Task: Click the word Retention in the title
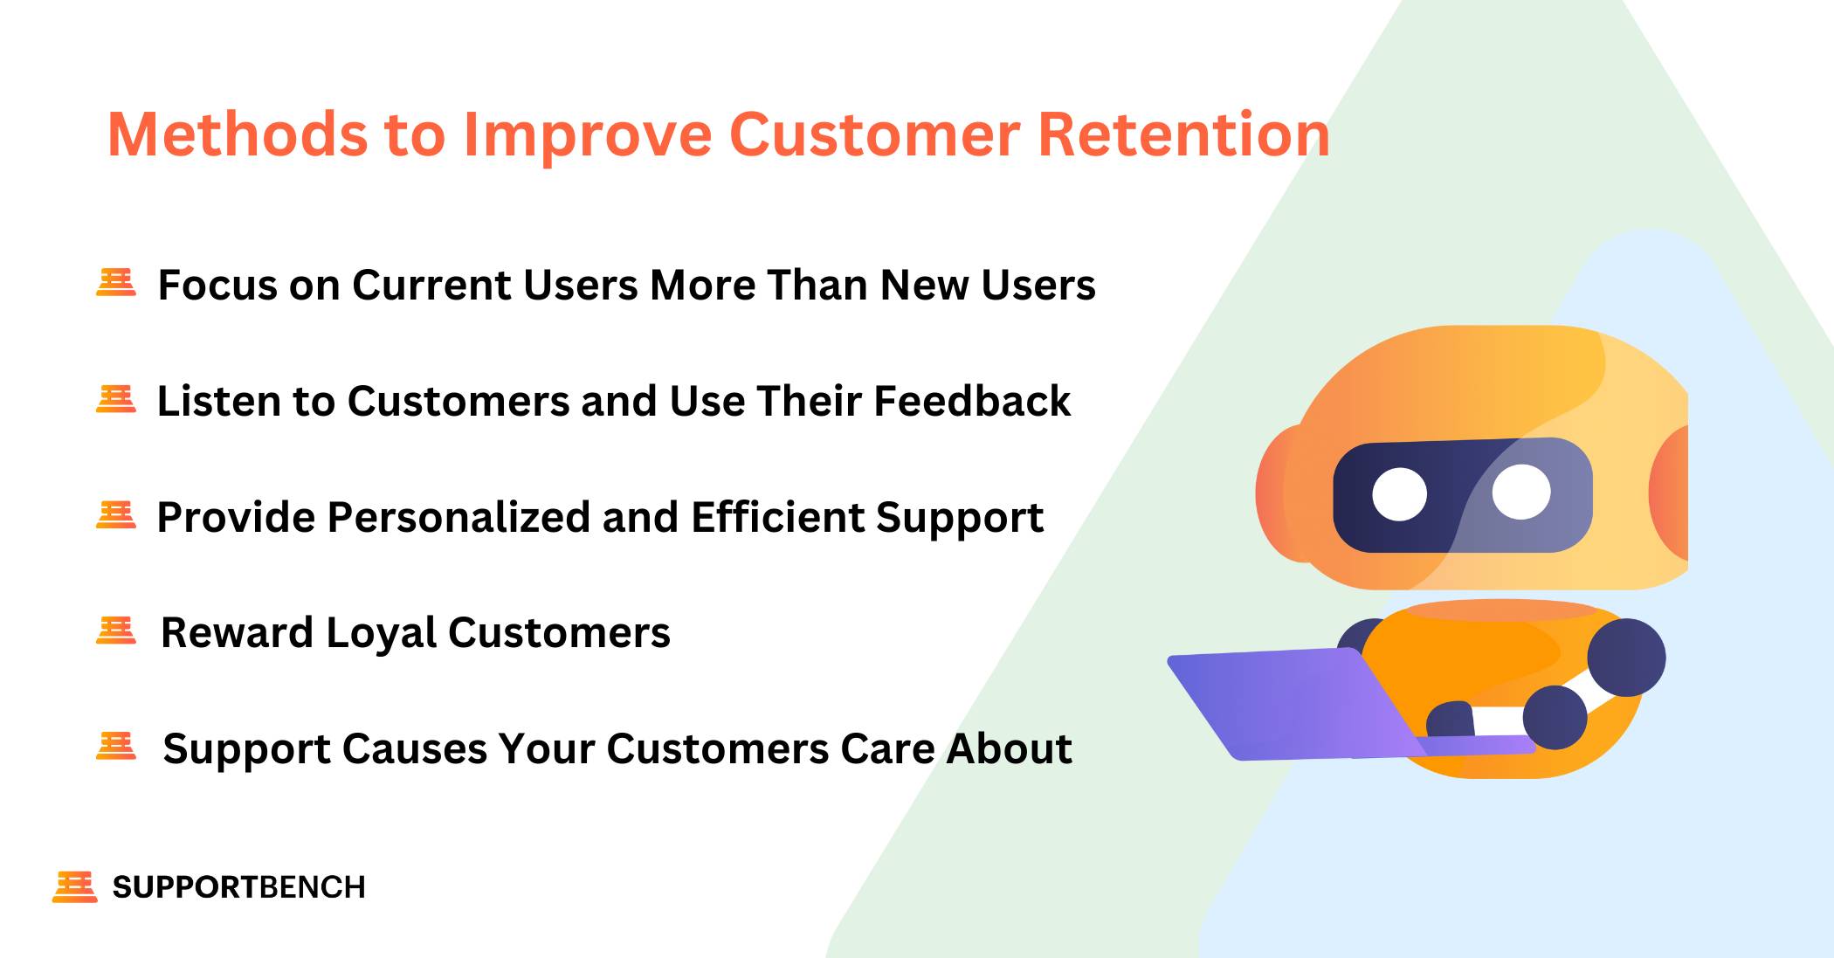point(1183,135)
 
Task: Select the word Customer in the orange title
point(874,135)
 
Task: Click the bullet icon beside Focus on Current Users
point(116,283)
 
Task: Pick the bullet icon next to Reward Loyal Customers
point(116,631)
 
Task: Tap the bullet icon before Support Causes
point(116,747)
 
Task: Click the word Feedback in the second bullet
point(971,401)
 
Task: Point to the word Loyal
point(381,632)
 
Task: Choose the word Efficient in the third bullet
point(776,517)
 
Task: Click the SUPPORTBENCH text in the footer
point(238,887)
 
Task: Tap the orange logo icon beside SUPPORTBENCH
point(74,886)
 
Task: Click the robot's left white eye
point(1399,494)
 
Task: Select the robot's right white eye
point(1520,492)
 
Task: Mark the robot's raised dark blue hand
point(1626,657)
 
